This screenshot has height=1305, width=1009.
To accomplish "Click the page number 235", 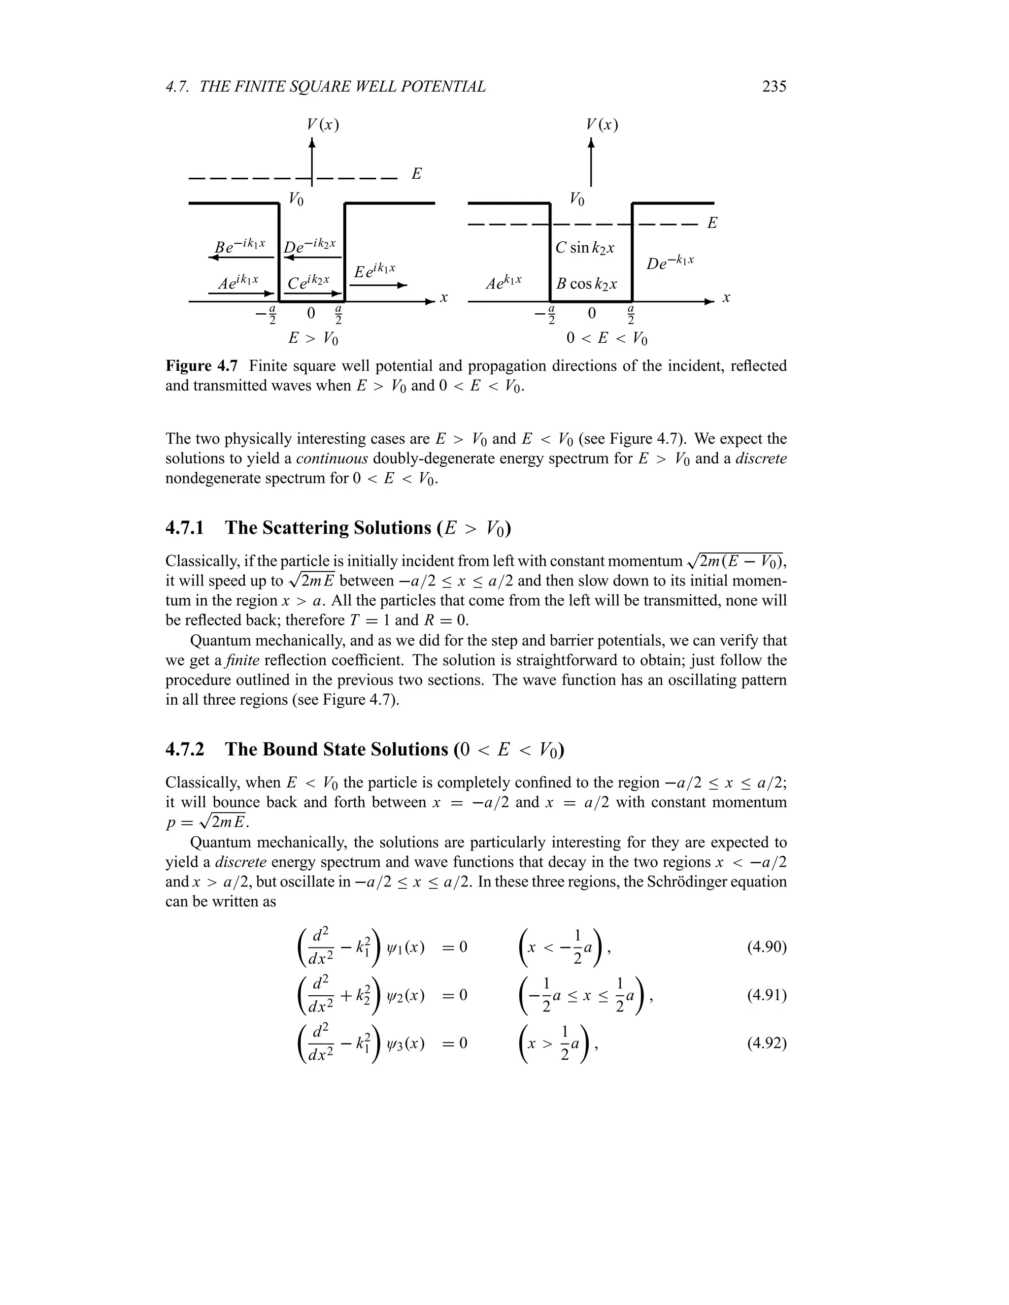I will pyautogui.click(x=774, y=87).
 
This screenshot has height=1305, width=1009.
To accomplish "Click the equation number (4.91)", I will pyautogui.click(x=766, y=995).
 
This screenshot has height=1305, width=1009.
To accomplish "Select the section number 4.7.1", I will pyautogui.click(x=185, y=527).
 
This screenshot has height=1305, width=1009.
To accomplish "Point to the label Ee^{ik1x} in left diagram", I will pyautogui.click(x=375, y=271).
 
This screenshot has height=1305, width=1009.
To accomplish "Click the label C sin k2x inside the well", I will pyautogui.click(x=585, y=247).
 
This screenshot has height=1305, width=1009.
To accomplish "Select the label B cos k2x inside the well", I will pyautogui.click(x=586, y=284).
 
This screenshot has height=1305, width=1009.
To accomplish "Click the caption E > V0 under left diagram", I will pyautogui.click(x=313, y=339).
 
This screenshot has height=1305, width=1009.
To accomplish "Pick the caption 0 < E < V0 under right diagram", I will pyautogui.click(x=606, y=339).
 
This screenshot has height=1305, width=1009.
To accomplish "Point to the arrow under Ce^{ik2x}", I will pyautogui.click(x=311, y=294).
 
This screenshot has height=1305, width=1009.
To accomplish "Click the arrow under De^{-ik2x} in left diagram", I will pyautogui.click(x=311, y=258).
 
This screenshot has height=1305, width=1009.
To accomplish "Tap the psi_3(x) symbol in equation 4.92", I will pyautogui.click(x=406, y=1044).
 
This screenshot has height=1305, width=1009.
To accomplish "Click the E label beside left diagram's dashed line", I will pyautogui.click(x=417, y=174).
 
